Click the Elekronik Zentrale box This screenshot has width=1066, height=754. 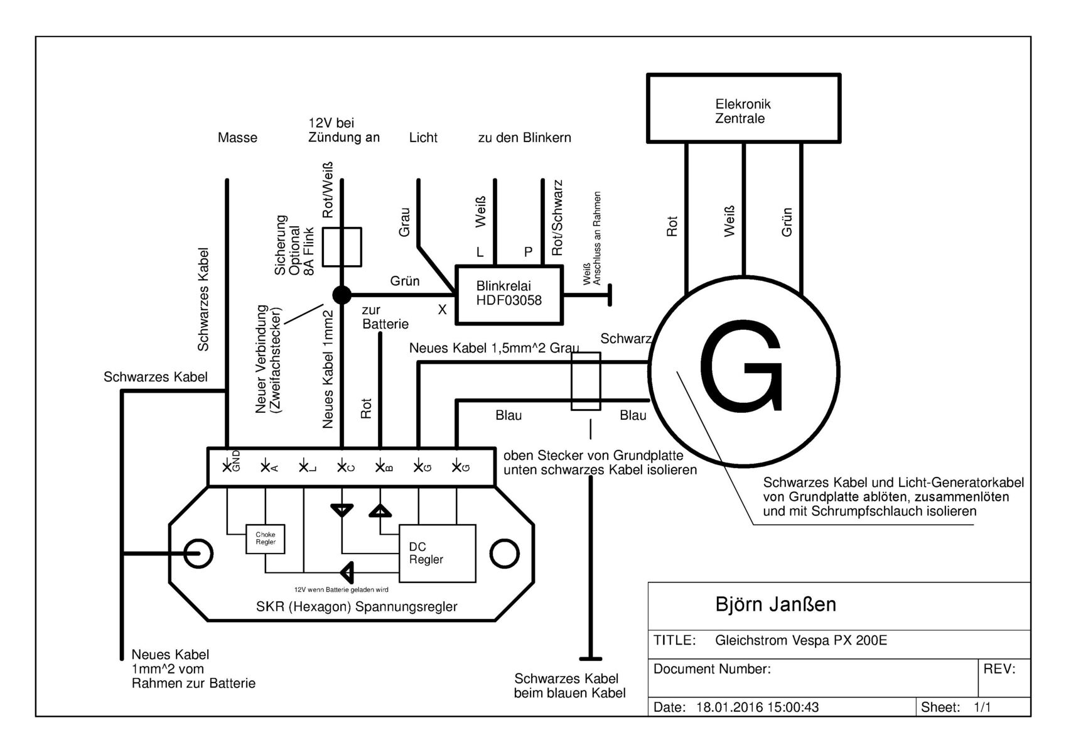pos(743,109)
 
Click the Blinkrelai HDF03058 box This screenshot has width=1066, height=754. pos(509,295)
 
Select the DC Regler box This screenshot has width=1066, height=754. pos(437,554)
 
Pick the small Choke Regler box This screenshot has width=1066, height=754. pos(265,538)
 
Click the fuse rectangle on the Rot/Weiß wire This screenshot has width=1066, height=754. pos(342,247)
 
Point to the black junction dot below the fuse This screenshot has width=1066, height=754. pos(342,294)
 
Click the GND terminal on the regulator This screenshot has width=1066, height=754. pos(227,467)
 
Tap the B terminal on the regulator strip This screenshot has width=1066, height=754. pos(380,467)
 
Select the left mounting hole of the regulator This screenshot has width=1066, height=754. pos(199,554)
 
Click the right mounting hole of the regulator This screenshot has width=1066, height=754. pos(504,554)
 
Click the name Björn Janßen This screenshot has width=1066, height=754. pos(775,604)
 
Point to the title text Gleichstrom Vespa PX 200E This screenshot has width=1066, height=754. pos(801,641)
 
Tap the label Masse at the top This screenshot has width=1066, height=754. pos(237,138)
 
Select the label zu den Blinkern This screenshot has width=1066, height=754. pos(524,138)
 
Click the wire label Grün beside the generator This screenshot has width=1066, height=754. pos(787,222)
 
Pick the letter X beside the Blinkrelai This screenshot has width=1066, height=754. pos(443,310)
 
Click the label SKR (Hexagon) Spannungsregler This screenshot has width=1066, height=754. pos(357,607)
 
